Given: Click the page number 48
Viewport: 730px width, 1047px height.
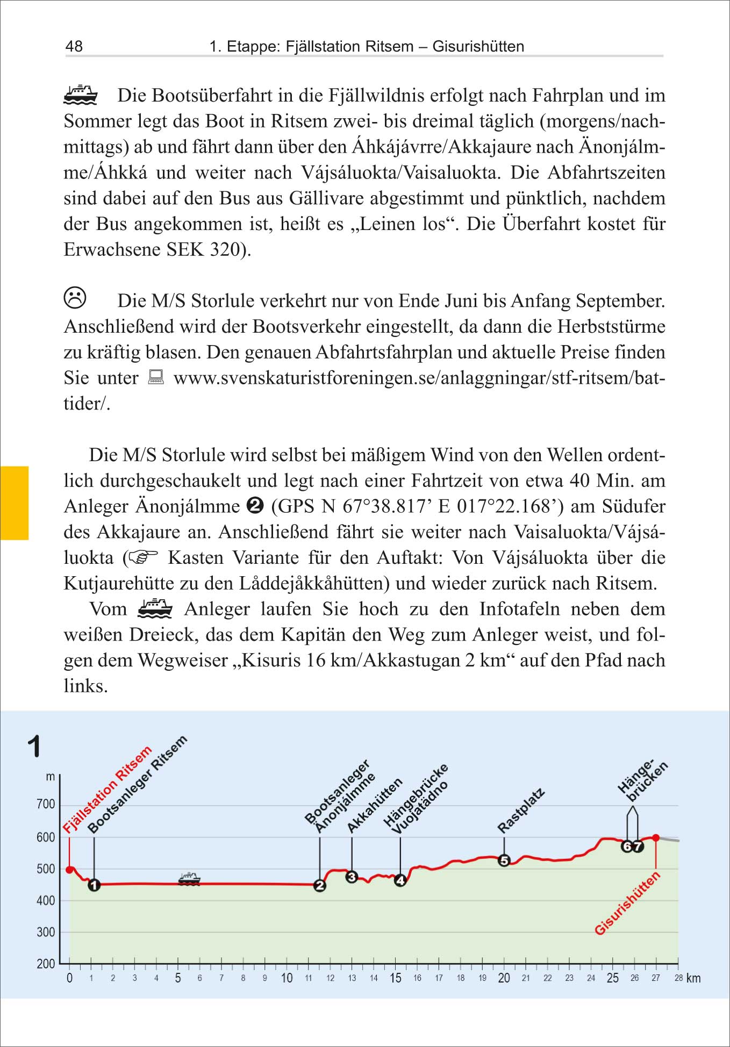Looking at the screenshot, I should (74, 46).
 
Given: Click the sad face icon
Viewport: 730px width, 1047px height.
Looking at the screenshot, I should (75, 298).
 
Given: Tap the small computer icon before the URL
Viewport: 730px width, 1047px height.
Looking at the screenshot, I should (156, 377).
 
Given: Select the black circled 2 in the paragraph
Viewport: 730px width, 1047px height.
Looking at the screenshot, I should (255, 506).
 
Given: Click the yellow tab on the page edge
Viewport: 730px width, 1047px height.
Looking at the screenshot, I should (14, 503).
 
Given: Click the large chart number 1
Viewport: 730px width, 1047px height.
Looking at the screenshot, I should (34, 747).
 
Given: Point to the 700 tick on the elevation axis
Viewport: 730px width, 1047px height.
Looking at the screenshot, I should (46, 805).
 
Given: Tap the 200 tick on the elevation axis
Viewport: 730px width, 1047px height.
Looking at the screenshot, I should (46, 964).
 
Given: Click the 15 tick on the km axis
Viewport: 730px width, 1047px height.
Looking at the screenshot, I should (396, 978).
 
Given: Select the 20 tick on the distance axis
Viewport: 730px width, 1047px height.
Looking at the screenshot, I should (504, 978).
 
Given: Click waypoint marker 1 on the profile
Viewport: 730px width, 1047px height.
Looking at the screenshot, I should (94, 885).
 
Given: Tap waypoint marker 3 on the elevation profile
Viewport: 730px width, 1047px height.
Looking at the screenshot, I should (352, 877).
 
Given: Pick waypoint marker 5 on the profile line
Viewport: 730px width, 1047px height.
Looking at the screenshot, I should (504, 860).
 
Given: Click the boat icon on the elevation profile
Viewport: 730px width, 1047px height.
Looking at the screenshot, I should (189, 879).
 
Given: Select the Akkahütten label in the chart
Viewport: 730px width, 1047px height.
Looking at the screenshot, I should (375, 805).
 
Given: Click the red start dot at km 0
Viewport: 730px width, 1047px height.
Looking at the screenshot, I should (69, 870).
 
